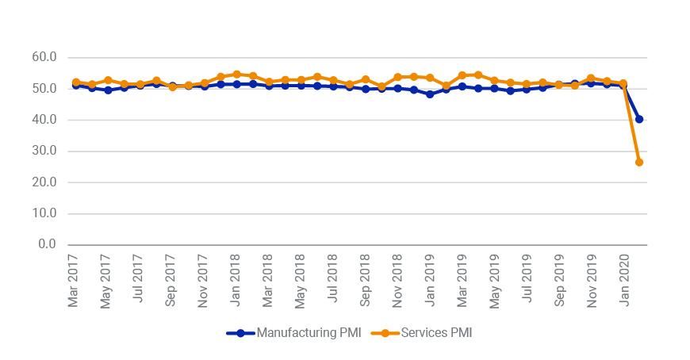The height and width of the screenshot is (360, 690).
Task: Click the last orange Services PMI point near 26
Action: (x=639, y=162)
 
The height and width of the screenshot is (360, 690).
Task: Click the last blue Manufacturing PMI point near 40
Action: (x=639, y=119)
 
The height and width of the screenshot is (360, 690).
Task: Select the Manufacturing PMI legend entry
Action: (x=293, y=333)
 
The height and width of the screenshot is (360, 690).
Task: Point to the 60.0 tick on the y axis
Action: (x=44, y=57)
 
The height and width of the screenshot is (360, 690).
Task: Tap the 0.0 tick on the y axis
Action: (x=48, y=244)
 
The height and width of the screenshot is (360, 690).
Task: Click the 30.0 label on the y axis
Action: (x=44, y=151)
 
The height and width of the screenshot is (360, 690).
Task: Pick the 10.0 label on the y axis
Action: (x=44, y=213)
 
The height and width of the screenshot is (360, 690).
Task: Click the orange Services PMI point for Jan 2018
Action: (x=236, y=75)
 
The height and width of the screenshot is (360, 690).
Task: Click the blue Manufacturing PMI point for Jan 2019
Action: (x=430, y=94)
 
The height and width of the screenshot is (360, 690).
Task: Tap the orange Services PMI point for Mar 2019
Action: (x=462, y=75)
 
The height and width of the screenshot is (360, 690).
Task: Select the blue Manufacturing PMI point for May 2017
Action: (x=108, y=90)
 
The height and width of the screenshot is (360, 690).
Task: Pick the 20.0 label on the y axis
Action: (x=44, y=182)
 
